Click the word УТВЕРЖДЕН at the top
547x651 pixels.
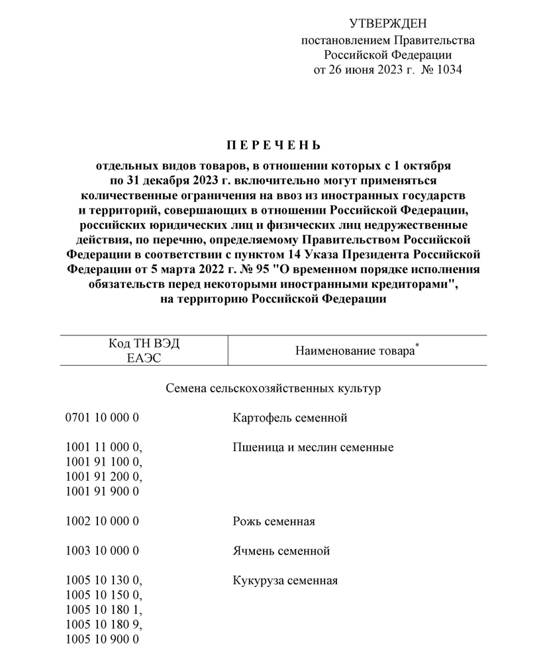388,25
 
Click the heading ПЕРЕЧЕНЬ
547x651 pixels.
273,145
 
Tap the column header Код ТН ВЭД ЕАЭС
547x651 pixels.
144,351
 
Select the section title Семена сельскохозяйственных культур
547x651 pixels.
273,388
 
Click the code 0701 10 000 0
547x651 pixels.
103,418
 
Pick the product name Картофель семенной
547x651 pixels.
290,418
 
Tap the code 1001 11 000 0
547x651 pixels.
104,448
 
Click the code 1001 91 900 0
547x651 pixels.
103,492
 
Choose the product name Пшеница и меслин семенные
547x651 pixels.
313,448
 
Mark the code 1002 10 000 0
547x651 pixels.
103,521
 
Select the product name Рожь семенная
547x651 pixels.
273,521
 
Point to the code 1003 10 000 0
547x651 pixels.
103,550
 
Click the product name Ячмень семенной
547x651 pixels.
281,550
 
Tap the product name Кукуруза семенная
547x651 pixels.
285,580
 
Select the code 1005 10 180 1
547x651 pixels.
104,609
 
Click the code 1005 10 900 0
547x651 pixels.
103,639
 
